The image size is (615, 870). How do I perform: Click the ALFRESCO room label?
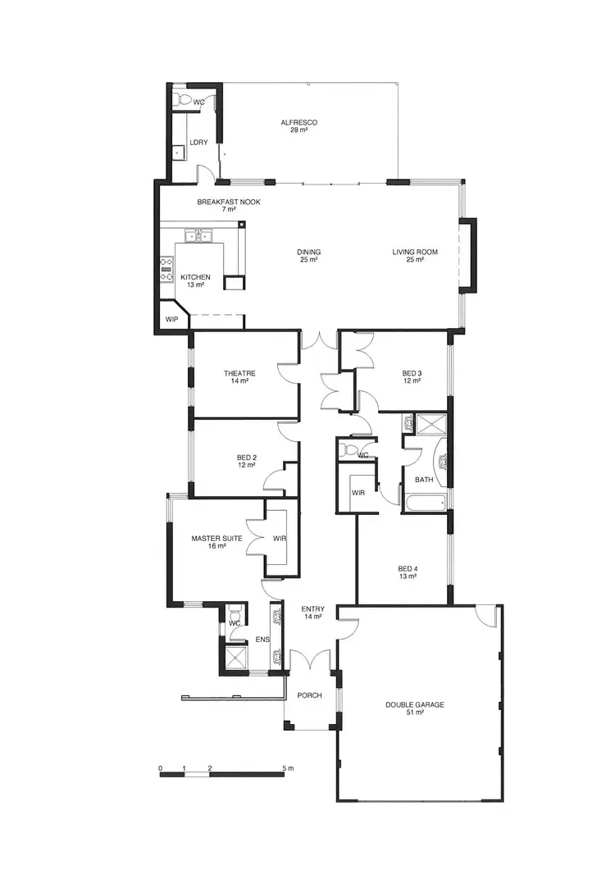pos(298,122)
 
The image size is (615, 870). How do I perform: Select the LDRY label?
pos(198,143)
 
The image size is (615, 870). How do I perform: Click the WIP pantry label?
pos(171,319)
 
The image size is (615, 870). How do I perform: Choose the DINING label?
pos(308,252)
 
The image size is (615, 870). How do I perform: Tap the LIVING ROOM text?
pos(413,252)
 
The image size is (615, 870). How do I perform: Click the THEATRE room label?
pos(239,373)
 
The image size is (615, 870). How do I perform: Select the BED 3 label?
pos(411,372)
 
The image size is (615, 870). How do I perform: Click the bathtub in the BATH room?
pos(423,502)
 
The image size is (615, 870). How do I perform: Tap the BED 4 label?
pos(408,568)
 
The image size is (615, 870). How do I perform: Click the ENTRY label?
pos(312,608)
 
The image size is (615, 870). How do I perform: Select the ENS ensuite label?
pos(262,640)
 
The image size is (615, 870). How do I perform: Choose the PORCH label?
pos(309,695)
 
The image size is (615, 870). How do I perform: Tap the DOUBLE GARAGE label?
pos(415,704)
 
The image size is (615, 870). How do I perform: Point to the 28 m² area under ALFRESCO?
pos(298,130)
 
